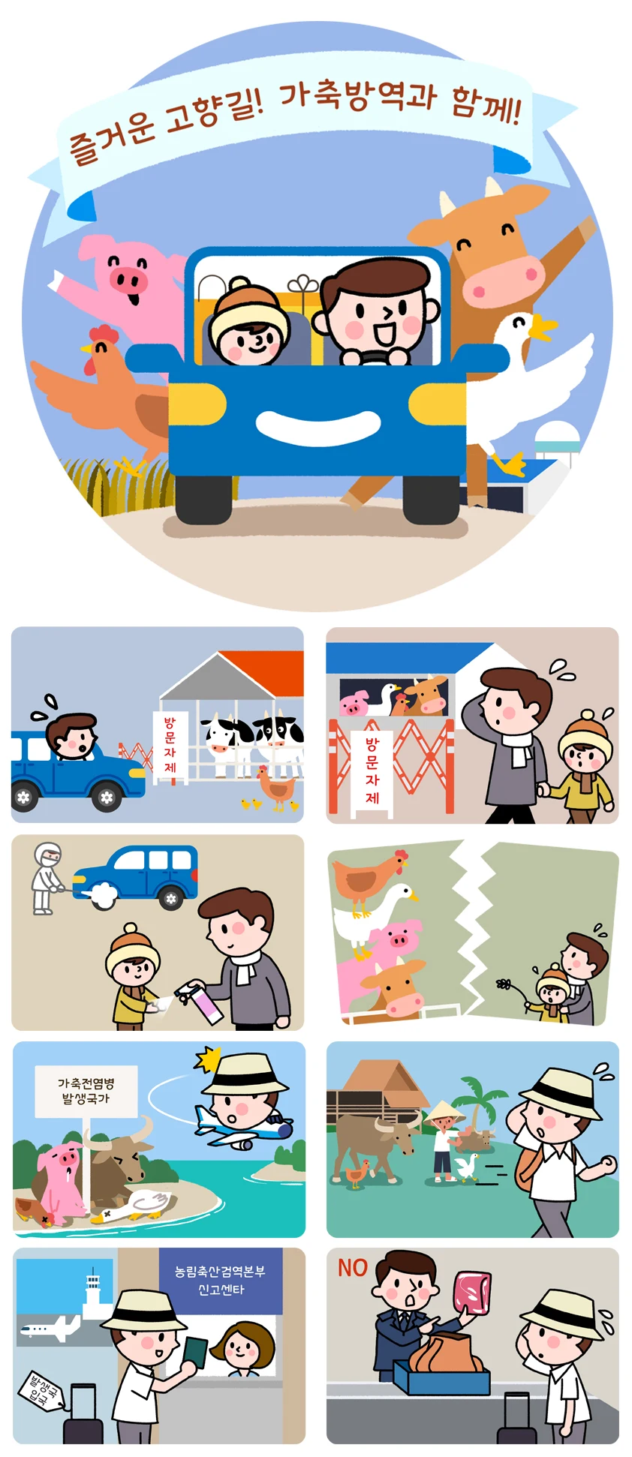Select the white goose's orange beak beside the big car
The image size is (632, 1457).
(542, 328)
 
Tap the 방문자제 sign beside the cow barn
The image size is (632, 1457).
(170, 747)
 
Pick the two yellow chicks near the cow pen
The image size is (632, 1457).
(251, 804)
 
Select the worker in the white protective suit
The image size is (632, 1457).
(45, 877)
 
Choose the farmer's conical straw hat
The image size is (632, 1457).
(443, 1111)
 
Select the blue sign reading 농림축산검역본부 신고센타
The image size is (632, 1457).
(221, 1281)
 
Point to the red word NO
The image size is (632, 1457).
(353, 1268)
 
